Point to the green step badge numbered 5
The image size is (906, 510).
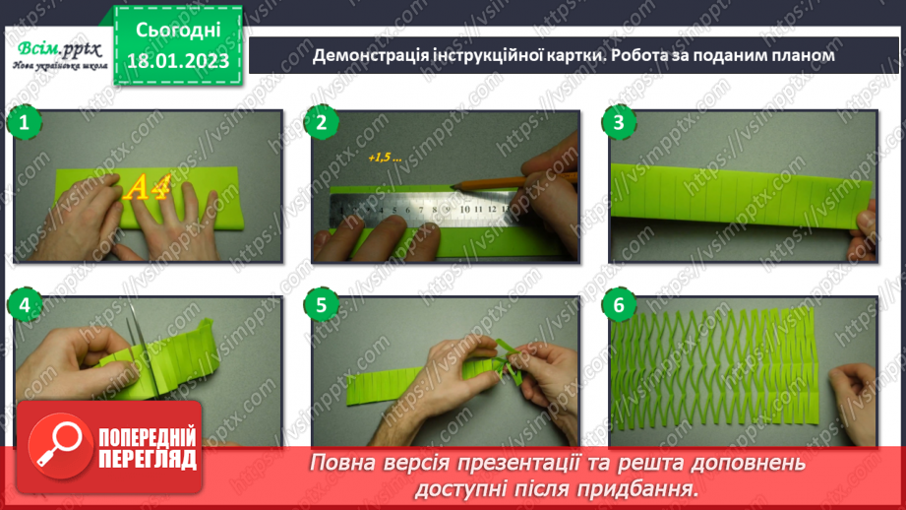[321, 305]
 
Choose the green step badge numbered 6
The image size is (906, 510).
[619, 305]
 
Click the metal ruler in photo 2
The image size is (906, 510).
[413, 209]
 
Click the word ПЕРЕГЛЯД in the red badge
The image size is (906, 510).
[148, 460]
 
